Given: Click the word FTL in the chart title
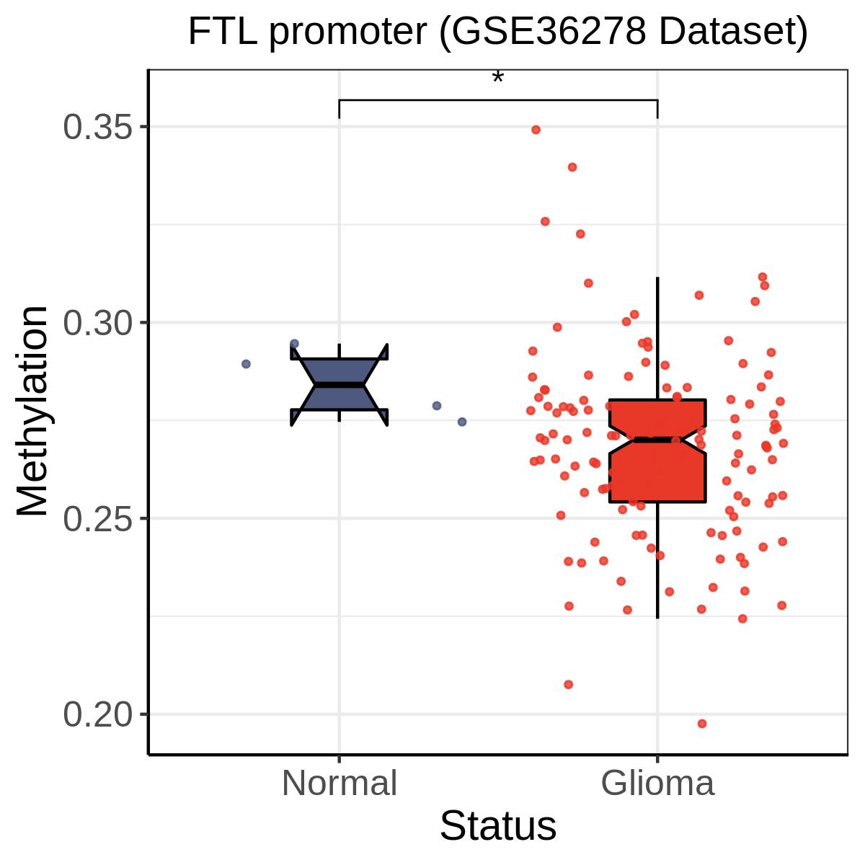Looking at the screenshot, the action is [x=223, y=32].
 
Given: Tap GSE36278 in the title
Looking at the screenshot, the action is [x=548, y=32].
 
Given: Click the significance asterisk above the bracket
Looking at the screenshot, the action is [x=497, y=78].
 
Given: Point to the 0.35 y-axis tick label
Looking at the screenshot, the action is [x=98, y=127].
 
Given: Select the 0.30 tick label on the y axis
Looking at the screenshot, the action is [x=98, y=323].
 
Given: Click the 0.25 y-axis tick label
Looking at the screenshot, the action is [x=98, y=518].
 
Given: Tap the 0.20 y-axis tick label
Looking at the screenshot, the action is [x=98, y=714].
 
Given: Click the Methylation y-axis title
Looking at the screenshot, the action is [x=32, y=411].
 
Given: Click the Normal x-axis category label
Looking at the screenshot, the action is [x=340, y=783].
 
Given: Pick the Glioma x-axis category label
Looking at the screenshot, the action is [x=657, y=783].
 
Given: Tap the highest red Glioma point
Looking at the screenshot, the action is [x=536, y=130].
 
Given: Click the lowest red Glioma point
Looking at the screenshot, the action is [x=702, y=724].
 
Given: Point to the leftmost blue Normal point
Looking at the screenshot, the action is [x=246, y=364].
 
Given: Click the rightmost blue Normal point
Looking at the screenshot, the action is [x=462, y=422].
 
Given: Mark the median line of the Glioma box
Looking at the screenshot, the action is [x=657, y=440].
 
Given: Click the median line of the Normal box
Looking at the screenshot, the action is [x=340, y=385].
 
